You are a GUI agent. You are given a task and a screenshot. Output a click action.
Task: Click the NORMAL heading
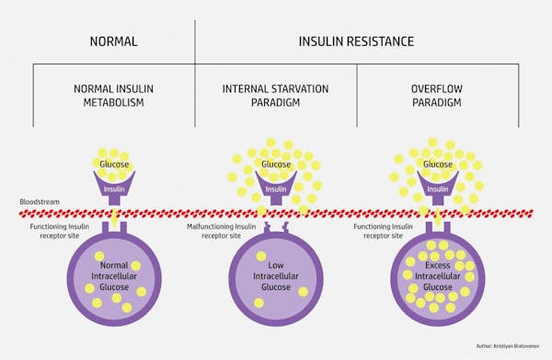point(114,41)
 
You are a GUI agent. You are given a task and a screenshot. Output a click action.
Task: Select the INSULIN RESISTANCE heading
point(356,41)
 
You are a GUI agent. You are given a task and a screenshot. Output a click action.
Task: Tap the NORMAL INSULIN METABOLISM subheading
point(114,96)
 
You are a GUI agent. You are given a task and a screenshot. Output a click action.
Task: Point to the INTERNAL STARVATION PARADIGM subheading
point(276,96)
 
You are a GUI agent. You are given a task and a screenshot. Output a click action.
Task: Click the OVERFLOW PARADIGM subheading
point(437,96)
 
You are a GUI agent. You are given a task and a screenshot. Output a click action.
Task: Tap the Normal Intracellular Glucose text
point(113,273)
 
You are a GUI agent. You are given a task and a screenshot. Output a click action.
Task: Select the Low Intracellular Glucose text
point(276,273)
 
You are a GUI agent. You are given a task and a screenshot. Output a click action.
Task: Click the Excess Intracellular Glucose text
point(437,273)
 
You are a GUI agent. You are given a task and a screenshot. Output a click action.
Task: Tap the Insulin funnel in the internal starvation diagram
point(276,189)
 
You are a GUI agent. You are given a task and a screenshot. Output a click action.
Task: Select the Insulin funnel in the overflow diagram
point(437,189)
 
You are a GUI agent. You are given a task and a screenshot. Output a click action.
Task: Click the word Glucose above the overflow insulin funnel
point(437,166)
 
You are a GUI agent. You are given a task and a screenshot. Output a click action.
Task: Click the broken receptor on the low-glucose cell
point(276,226)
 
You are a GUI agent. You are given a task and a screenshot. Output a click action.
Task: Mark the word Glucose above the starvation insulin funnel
point(276,166)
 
